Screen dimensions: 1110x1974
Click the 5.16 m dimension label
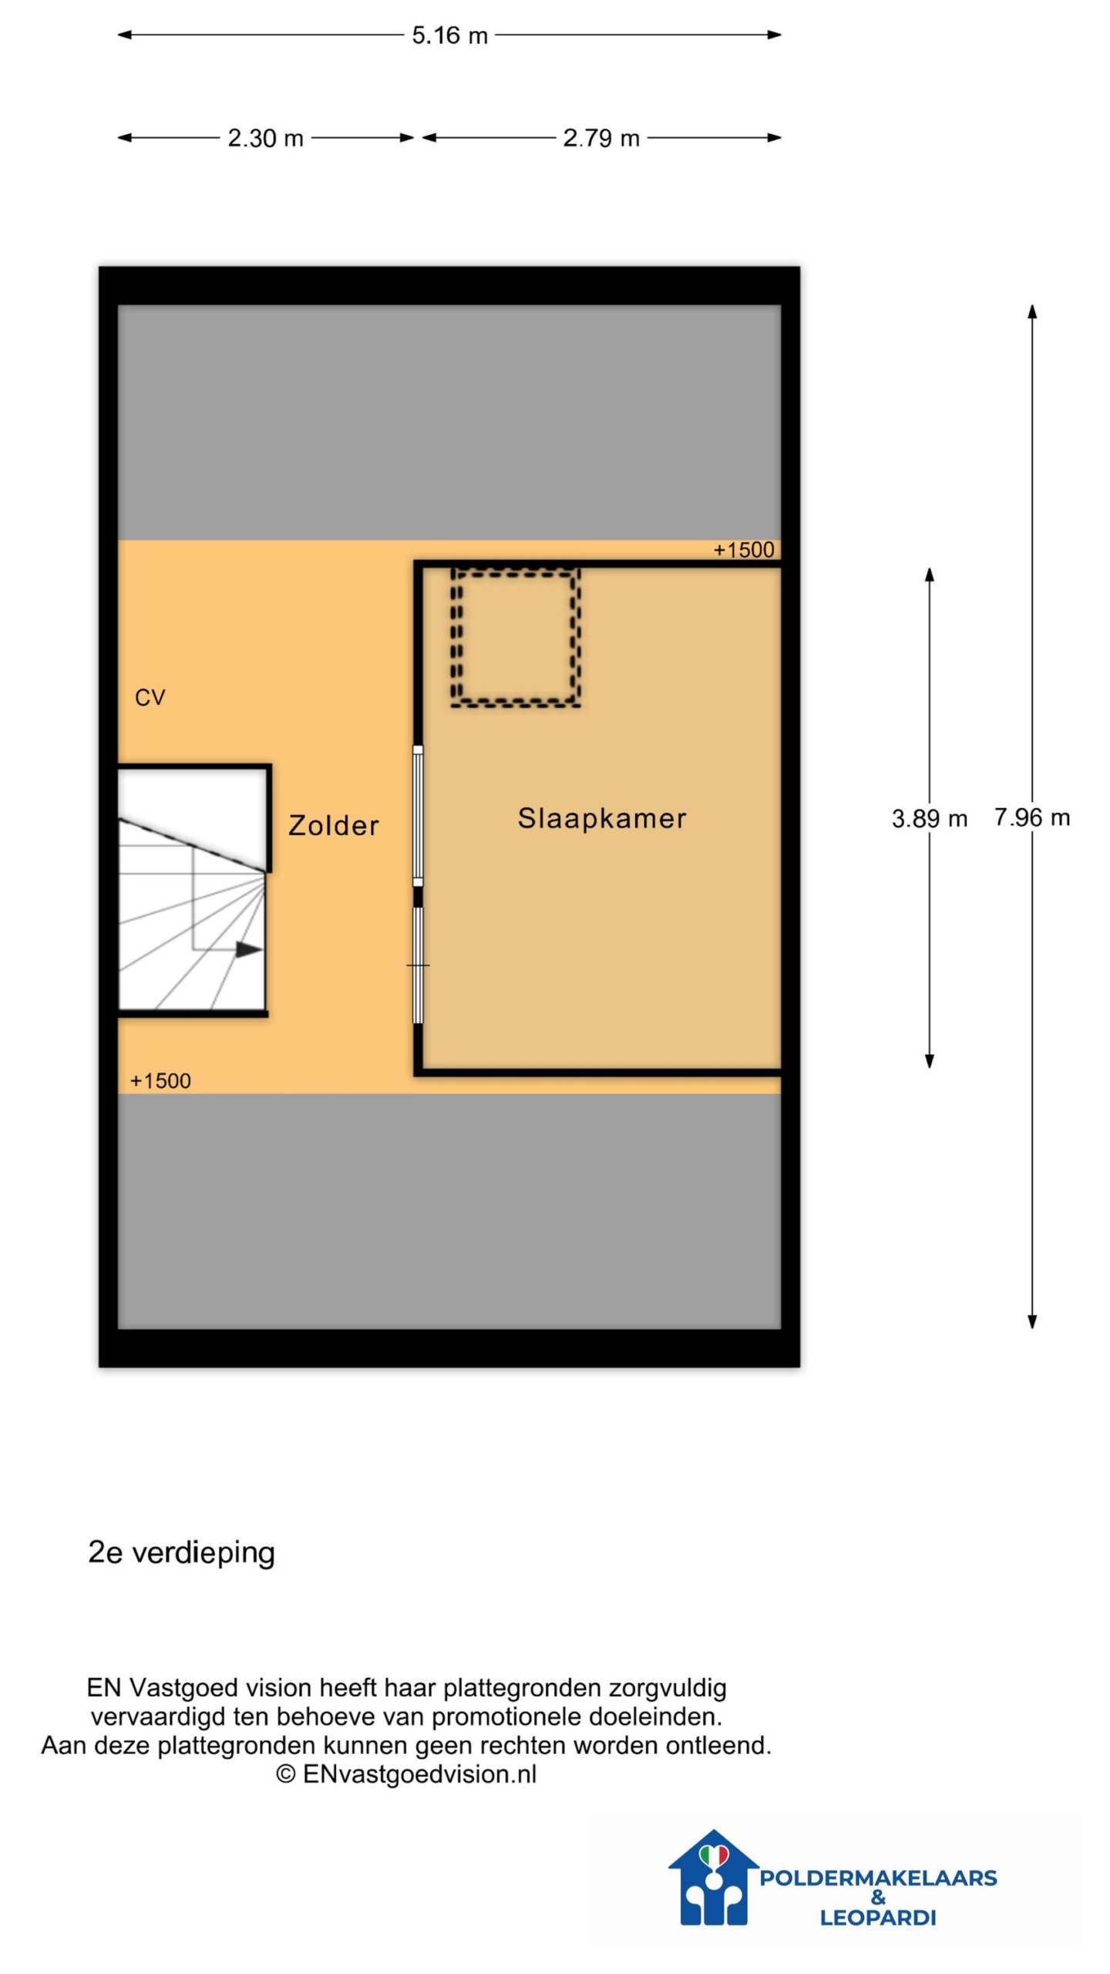tap(449, 35)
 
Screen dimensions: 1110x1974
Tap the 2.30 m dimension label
tap(265, 138)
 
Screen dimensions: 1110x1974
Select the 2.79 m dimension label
tap(601, 138)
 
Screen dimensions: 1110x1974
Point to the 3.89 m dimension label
tap(929, 818)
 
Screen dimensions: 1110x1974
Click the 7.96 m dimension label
tap(1031, 817)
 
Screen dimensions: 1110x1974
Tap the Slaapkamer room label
tap(601, 818)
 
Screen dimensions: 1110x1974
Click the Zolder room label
tap(334, 825)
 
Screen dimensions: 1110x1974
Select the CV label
tap(150, 698)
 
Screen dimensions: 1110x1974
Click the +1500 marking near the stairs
tap(160, 1080)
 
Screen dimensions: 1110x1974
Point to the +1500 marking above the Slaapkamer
tap(743, 550)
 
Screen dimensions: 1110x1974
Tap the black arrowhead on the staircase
tap(248, 949)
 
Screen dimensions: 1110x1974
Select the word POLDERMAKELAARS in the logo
tap(878, 1878)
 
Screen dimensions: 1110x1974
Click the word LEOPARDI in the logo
tap(878, 1918)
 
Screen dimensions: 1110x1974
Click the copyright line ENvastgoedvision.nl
tap(406, 1774)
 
